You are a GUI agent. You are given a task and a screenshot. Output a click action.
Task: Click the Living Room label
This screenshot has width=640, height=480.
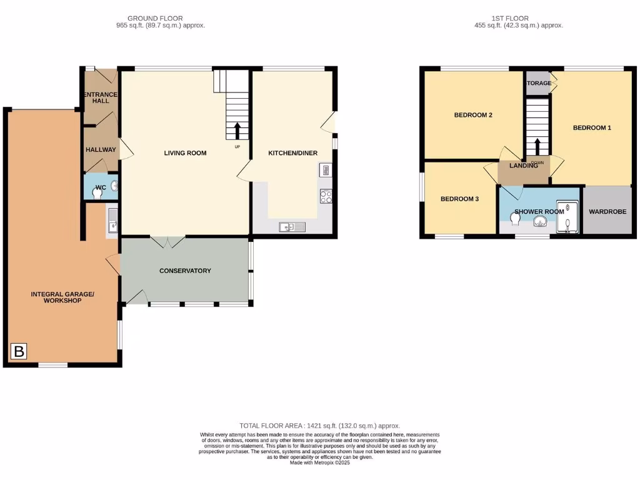click(x=185, y=153)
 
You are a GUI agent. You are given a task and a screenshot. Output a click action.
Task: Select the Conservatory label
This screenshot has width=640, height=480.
click(x=185, y=271)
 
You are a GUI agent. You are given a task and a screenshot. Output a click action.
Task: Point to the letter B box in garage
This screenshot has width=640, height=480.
click(x=19, y=352)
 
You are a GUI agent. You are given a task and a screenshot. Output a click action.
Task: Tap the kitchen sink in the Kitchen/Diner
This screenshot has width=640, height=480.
click(x=292, y=227)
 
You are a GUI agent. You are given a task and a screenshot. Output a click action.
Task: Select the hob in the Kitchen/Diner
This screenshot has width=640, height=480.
click(x=326, y=196)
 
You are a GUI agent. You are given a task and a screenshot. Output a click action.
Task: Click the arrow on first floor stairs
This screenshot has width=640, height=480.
click(x=537, y=146)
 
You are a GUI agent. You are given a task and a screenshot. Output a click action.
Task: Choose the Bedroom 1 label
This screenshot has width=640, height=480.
click(x=592, y=127)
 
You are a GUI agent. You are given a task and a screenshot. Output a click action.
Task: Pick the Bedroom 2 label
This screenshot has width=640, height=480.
click(x=473, y=115)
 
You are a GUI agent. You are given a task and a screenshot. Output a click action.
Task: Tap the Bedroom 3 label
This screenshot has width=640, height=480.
click(x=459, y=199)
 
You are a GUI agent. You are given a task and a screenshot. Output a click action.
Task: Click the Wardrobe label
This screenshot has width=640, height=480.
click(x=607, y=211)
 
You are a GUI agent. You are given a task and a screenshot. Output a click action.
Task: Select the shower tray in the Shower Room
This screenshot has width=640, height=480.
click(x=567, y=217)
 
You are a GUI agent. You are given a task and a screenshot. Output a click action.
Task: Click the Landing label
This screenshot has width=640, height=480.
click(x=524, y=166)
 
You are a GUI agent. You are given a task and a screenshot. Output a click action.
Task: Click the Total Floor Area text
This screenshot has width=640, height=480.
click(x=319, y=426)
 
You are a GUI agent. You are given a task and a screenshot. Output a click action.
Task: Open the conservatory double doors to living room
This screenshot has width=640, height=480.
click(x=167, y=241)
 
